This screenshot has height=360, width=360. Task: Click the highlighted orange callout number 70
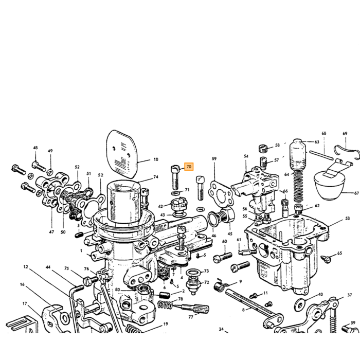tap(189, 167)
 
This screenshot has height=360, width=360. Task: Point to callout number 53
tap(347, 218)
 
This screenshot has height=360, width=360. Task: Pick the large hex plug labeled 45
tap(226, 215)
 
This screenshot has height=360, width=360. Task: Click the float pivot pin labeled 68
tap(321, 155)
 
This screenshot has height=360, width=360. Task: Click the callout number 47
tap(51, 232)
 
